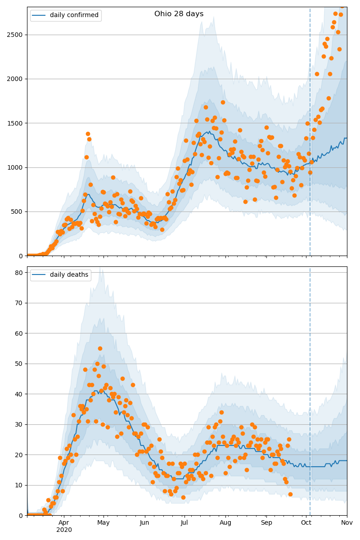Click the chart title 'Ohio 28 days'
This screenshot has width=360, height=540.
[179, 14]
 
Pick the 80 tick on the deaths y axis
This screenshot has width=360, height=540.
[20, 273]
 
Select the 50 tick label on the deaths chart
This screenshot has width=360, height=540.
[20, 364]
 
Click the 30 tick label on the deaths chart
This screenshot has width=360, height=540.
[20, 424]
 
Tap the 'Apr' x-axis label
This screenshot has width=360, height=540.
[64, 523]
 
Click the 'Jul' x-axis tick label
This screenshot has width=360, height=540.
[184, 523]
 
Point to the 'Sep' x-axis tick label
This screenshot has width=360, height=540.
[266, 523]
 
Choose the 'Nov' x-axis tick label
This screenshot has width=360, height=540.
[346, 523]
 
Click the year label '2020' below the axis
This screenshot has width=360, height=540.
[64, 530]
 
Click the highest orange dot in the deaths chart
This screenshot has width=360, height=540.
[100, 348]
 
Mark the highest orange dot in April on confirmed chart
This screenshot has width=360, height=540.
[88, 134]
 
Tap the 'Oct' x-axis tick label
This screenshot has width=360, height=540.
[306, 523]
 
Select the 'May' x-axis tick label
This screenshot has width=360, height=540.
[103, 523]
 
